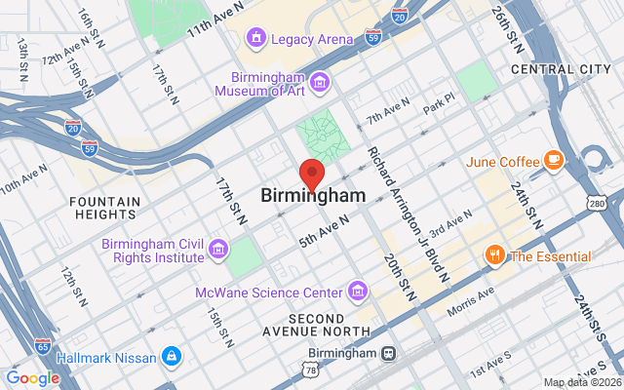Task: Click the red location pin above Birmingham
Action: [x=311, y=173]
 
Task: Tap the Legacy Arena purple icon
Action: [x=256, y=39]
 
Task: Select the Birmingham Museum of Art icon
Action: [x=321, y=79]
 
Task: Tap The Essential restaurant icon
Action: [x=495, y=256]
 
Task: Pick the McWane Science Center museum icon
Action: [x=359, y=292]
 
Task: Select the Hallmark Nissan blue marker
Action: [x=173, y=357]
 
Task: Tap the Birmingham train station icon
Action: [x=388, y=353]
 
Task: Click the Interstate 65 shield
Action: [x=42, y=346]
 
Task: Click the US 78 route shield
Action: [x=310, y=371]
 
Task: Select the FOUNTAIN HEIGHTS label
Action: [x=105, y=209]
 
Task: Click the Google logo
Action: [x=32, y=378]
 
